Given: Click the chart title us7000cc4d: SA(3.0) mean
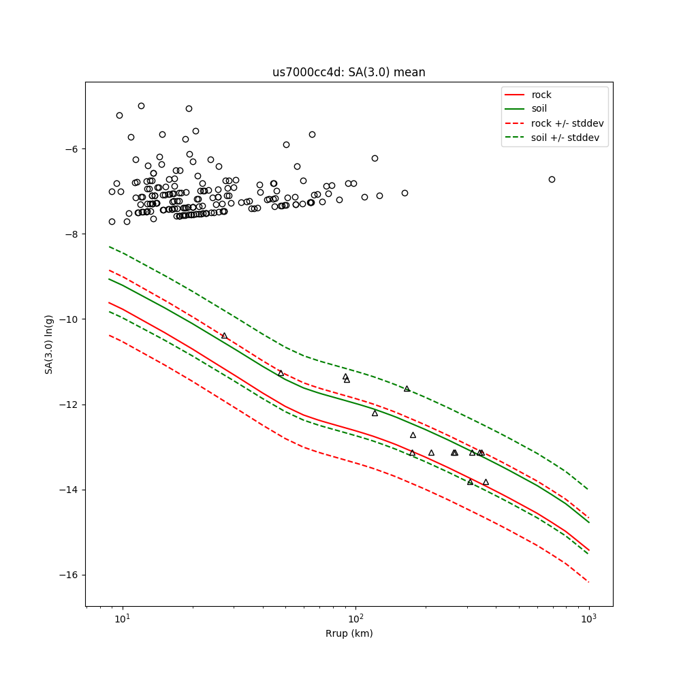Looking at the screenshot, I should tap(349, 73).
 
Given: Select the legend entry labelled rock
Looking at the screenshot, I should tap(542, 95).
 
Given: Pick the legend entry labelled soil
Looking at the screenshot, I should tap(539, 108).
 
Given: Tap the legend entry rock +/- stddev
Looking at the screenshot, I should tap(567, 123).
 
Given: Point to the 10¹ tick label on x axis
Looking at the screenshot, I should tap(123, 618).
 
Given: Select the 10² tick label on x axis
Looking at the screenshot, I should tap(355, 618).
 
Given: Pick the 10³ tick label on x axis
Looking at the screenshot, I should tap(588, 618).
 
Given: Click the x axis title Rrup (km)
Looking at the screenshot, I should tap(349, 633).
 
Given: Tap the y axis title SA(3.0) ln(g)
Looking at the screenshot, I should tap(49, 344).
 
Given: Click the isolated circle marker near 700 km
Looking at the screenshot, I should tap(552, 179).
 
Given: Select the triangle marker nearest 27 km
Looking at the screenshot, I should tap(224, 335).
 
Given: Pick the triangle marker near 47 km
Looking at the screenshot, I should tap(281, 373).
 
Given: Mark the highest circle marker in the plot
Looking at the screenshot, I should tap(141, 106).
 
